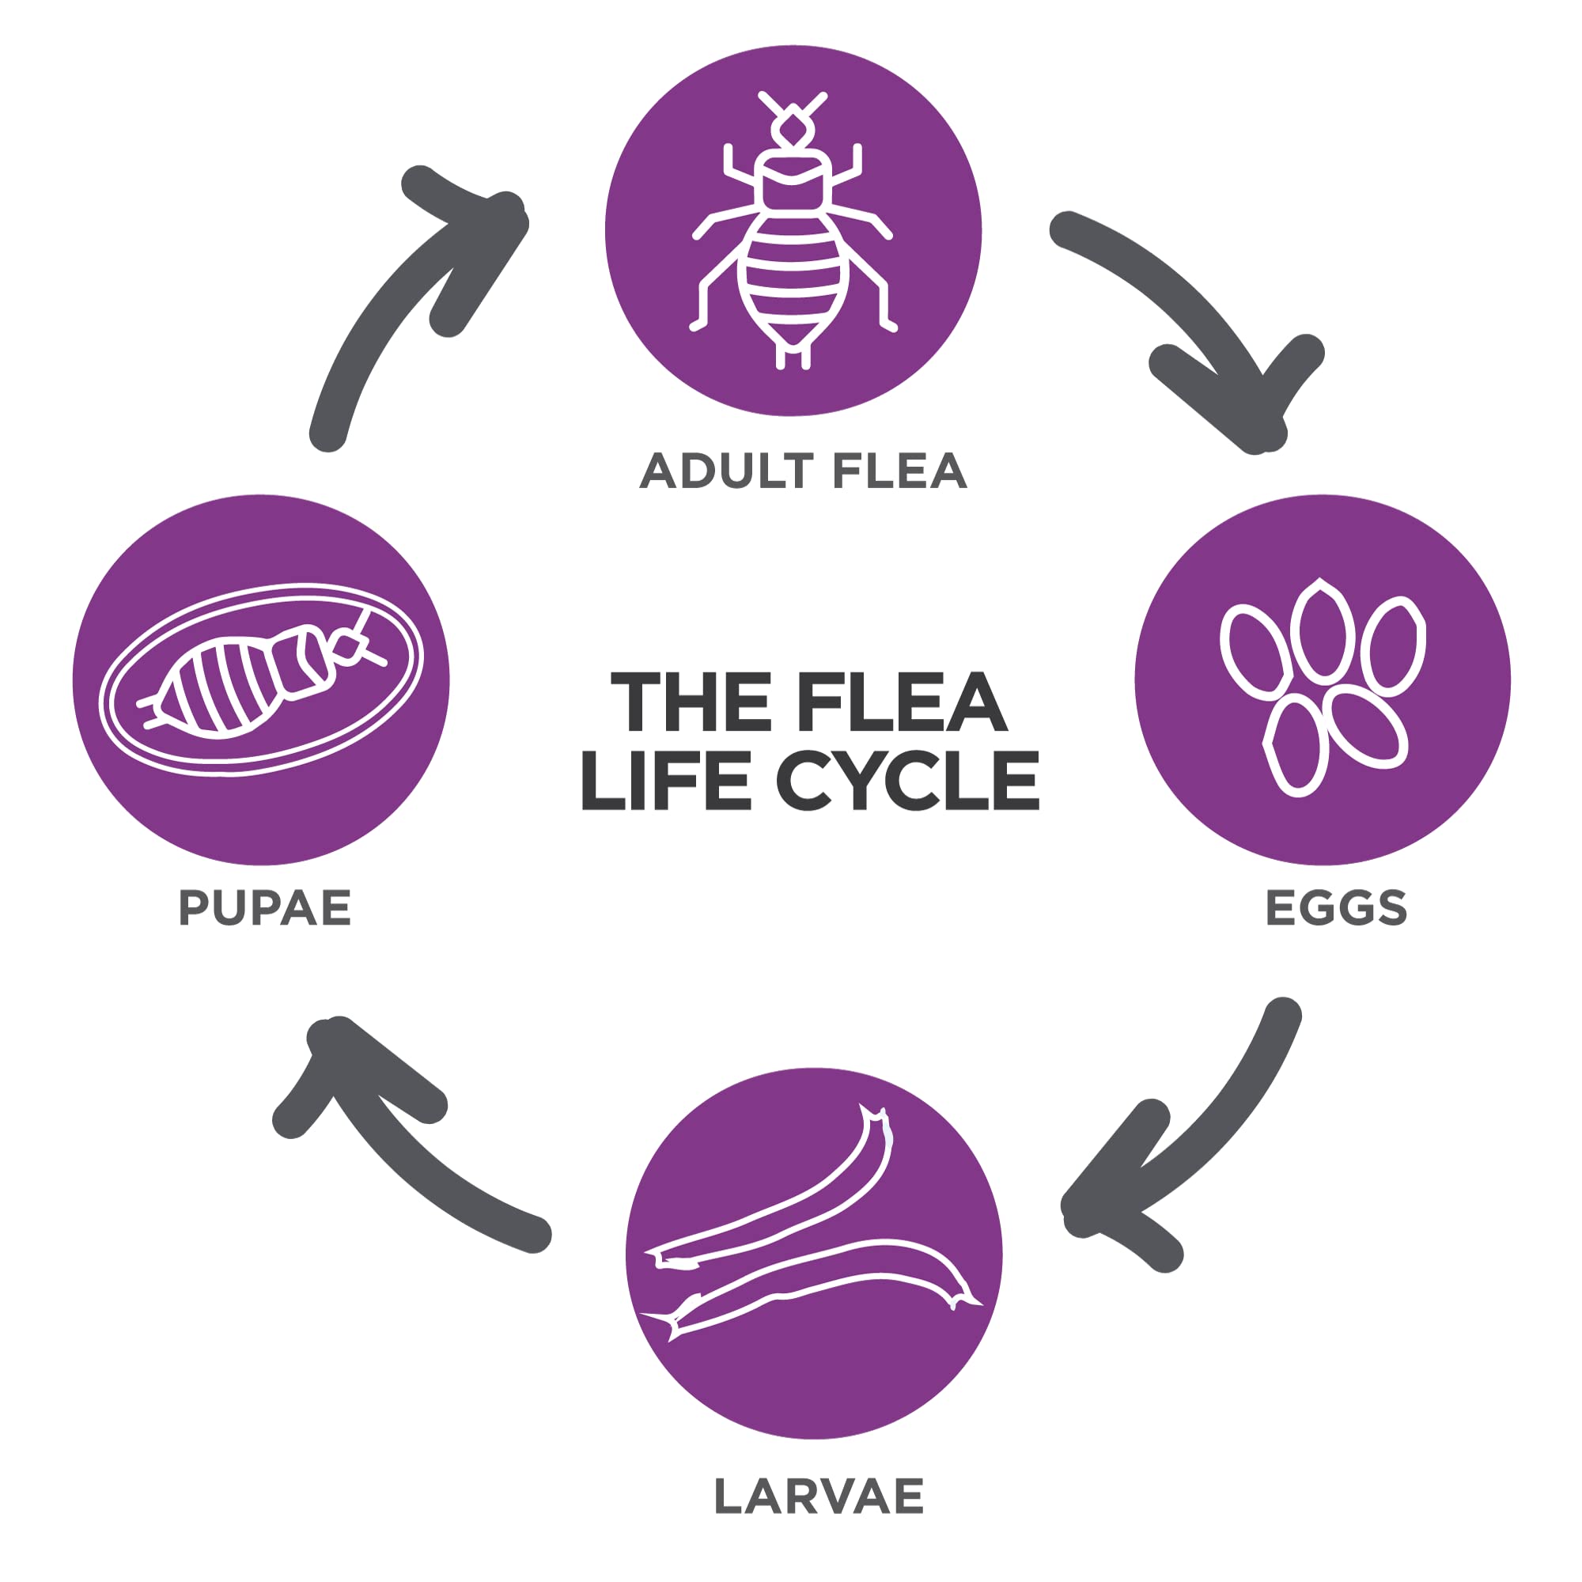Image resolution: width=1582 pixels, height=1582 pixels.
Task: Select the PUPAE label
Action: [264, 908]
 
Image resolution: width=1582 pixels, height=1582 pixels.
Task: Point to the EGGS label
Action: [1336, 908]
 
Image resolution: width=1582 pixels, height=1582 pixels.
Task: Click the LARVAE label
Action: [819, 1496]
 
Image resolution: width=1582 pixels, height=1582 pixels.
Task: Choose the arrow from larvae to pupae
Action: [393, 1146]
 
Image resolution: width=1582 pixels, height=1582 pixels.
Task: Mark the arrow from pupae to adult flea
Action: [393, 303]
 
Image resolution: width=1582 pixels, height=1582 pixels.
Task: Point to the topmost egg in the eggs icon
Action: [1322, 630]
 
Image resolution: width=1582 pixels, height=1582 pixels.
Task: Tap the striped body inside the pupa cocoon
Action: [221, 686]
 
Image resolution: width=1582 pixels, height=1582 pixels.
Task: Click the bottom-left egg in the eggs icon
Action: [1296, 745]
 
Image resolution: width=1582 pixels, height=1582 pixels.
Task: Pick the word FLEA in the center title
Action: [901, 702]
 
